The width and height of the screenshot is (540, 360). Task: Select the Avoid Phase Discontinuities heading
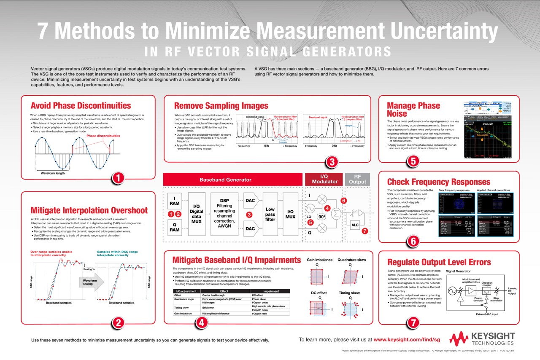81,106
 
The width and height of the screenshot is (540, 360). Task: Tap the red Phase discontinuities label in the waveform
103,136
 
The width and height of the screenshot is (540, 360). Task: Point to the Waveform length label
53,173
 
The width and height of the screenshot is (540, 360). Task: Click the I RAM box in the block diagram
174,201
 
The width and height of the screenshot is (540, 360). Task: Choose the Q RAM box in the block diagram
174,227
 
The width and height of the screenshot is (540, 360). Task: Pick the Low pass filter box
270,214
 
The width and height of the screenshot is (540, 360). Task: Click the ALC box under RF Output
355,225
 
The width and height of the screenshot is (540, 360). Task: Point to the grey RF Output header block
357,179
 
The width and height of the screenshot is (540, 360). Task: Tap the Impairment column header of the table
271,291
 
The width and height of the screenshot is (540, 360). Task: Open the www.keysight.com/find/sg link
407,339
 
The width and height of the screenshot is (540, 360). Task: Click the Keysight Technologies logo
482,339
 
